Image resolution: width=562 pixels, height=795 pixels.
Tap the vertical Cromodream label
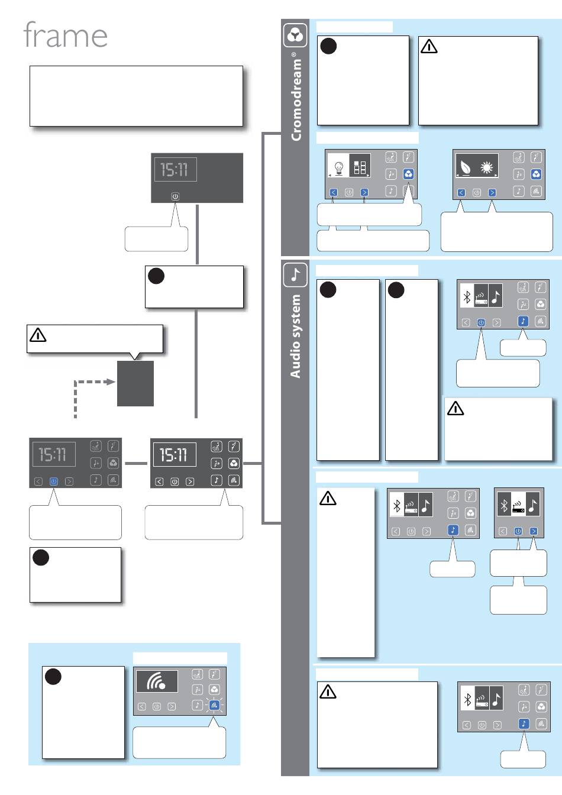coord(296,96)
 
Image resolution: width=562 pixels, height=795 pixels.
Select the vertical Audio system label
coord(295,336)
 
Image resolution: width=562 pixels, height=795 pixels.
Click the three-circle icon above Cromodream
coord(295,35)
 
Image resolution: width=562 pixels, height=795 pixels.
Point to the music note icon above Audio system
coord(295,274)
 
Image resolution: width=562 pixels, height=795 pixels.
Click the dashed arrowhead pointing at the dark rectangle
coord(111,382)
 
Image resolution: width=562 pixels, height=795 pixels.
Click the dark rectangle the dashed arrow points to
coord(135,383)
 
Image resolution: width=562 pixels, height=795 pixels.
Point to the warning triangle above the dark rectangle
coord(38,335)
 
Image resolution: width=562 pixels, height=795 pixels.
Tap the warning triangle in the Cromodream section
coord(429,46)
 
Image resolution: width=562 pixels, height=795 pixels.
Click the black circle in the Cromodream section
coord(328,46)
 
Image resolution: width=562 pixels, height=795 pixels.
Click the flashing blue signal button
coord(214,705)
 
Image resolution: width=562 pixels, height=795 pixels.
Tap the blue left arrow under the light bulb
coord(334,192)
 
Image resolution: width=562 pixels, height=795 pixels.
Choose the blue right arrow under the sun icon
coord(492,192)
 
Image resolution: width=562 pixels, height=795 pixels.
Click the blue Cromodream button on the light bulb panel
coord(408,174)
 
